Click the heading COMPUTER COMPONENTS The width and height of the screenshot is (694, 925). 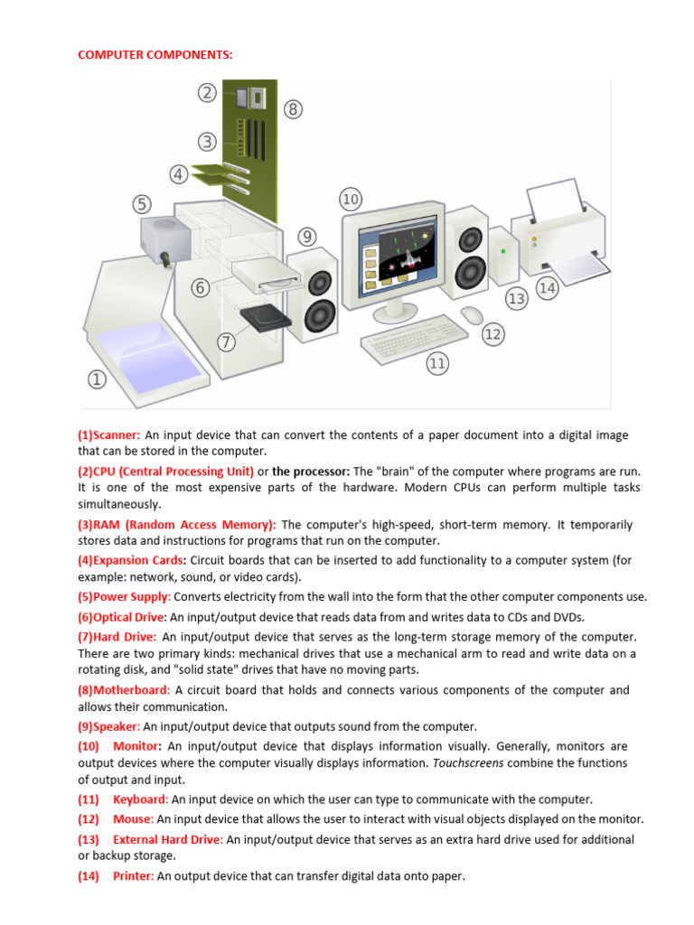click(x=155, y=55)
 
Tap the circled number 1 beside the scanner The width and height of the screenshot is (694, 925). click(x=96, y=379)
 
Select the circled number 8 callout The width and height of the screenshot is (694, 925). click(x=293, y=109)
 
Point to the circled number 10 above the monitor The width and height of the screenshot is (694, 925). click(x=351, y=198)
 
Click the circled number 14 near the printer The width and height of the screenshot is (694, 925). click(x=547, y=287)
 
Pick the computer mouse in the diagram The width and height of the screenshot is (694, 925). click(x=471, y=314)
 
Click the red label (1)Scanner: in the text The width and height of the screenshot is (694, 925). click(x=108, y=435)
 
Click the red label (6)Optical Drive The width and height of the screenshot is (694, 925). click(x=122, y=617)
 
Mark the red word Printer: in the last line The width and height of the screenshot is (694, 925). click(x=133, y=876)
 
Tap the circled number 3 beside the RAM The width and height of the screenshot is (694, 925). click(x=208, y=142)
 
